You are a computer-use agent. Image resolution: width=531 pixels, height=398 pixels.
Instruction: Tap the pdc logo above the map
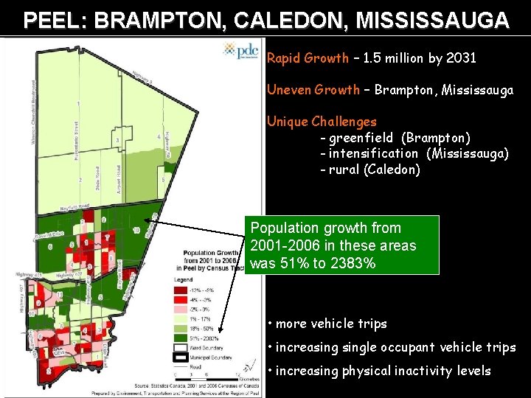[x=240, y=50]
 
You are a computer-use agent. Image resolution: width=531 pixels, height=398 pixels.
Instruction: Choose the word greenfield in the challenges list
[x=362, y=138]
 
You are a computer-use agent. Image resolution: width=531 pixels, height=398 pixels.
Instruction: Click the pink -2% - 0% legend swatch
[x=179, y=309]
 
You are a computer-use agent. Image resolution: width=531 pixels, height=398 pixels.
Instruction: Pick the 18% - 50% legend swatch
[x=179, y=329]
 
